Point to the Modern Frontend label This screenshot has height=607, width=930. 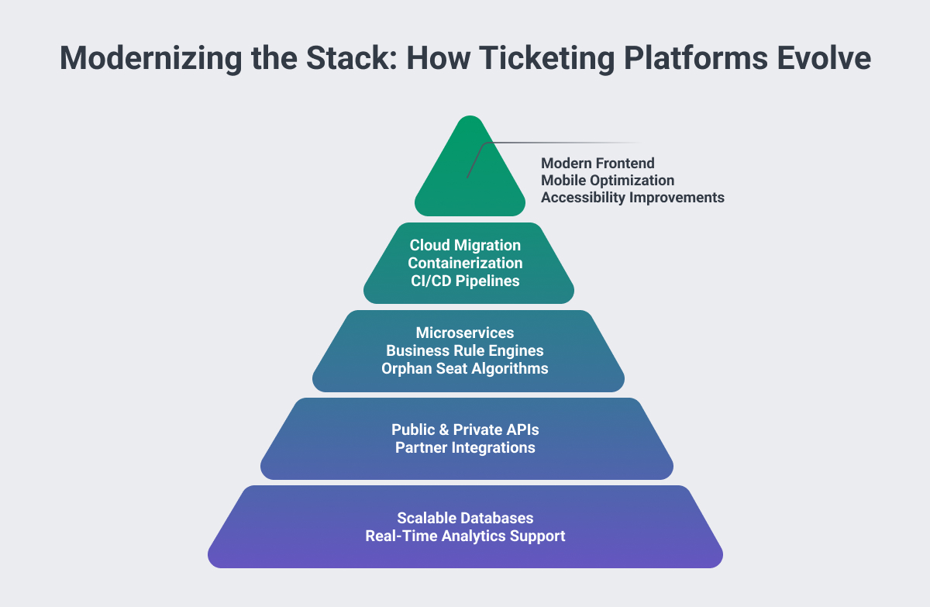(x=598, y=163)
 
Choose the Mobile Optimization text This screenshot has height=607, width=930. (x=608, y=180)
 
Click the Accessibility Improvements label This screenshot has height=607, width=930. (x=632, y=197)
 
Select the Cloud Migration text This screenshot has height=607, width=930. (x=465, y=245)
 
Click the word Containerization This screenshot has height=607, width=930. (x=465, y=263)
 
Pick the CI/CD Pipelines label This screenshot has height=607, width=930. (x=465, y=281)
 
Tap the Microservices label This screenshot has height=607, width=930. (x=465, y=333)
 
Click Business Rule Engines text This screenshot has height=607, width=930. (x=465, y=350)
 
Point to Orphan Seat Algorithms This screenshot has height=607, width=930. (x=465, y=368)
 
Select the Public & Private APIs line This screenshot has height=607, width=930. (x=465, y=429)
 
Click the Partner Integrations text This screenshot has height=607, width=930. (x=465, y=447)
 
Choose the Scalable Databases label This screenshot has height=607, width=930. (x=465, y=517)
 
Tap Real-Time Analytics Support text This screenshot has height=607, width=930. (x=465, y=536)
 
